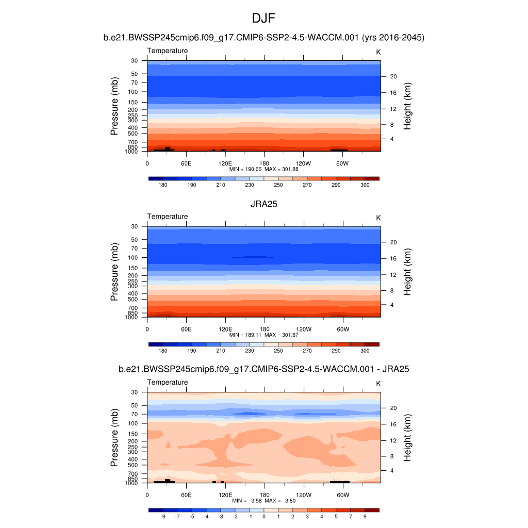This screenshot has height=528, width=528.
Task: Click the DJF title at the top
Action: coord(264,19)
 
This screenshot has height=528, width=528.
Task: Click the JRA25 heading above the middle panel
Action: coord(264,204)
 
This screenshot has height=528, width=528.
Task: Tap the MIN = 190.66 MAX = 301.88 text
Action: coord(264,169)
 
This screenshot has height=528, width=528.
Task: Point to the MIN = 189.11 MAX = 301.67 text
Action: coord(264,335)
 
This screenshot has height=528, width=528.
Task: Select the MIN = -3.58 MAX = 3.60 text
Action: coord(264,501)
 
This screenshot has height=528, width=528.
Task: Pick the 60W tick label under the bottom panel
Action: coord(342,495)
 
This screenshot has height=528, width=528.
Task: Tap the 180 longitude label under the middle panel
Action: coord(264,329)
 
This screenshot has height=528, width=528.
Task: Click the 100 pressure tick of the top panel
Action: coord(134,92)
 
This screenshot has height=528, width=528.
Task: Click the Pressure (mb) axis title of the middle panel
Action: coord(114,272)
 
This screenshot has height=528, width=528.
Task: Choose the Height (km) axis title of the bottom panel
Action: coord(407,438)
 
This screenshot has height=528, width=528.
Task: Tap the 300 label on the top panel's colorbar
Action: coord(365,185)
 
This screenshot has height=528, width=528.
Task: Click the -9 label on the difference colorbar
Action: coord(163,517)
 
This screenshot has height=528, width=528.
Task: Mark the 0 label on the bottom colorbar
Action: coord(264,517)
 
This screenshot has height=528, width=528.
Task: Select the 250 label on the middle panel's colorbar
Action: coord(278,351)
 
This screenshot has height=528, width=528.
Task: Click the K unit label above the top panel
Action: coord(378,52)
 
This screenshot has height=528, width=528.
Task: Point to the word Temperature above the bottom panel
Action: coord(168,382)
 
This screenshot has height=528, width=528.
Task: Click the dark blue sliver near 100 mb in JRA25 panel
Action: coord(253,257)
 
